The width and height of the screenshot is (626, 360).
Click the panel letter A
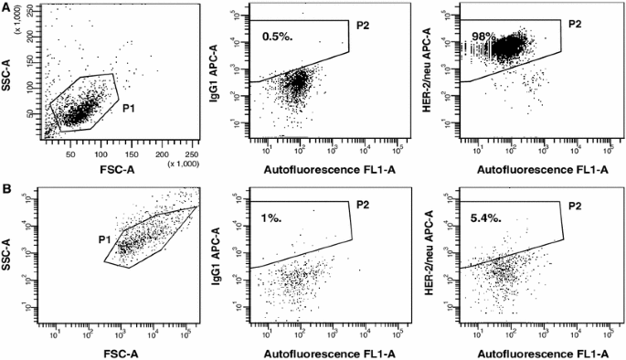click(6, 6)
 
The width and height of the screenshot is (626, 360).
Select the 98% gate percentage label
click(483, 36)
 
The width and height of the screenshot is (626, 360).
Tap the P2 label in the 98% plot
click(575, 24)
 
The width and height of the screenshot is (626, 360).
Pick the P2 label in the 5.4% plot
click(575, 205)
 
